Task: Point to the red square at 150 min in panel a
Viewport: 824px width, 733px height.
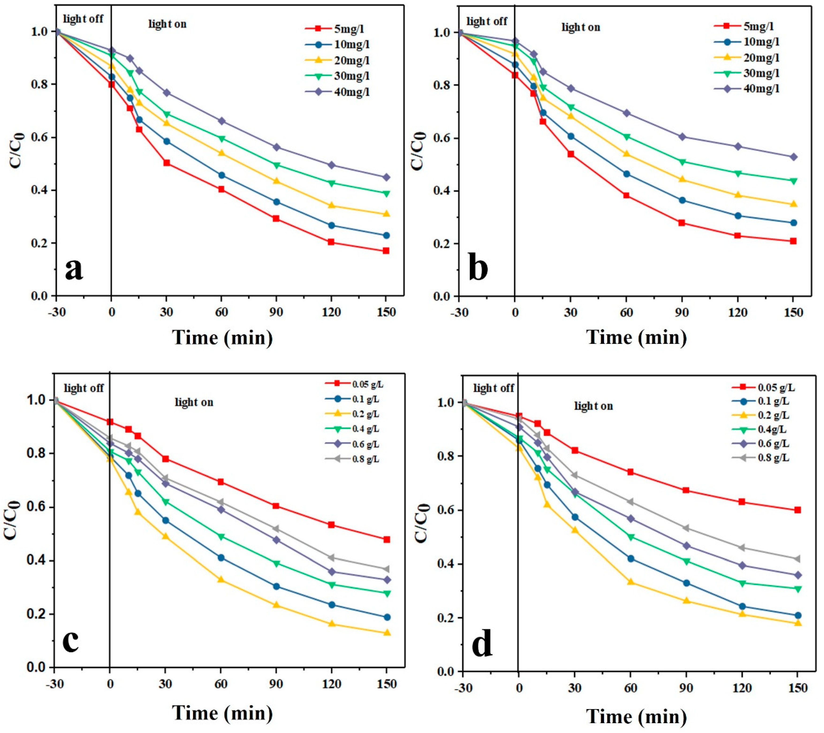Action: click(386, 251)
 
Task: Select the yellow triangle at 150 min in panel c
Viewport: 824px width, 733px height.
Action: click(387, 633)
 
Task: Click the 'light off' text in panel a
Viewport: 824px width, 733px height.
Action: click(84, 19)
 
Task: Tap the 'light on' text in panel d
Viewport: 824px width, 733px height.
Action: click(593, 406)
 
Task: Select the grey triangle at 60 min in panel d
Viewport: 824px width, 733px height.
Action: click(630, 502)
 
